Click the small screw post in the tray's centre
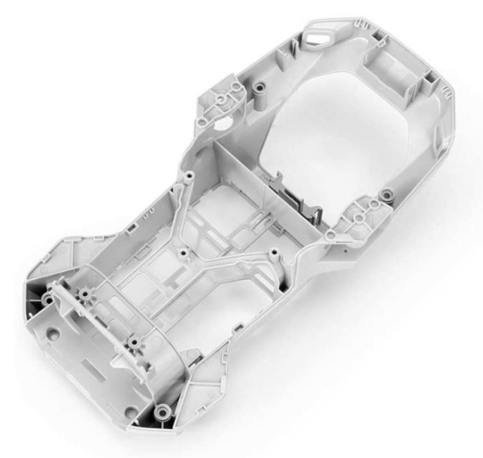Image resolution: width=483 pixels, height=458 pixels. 183,253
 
